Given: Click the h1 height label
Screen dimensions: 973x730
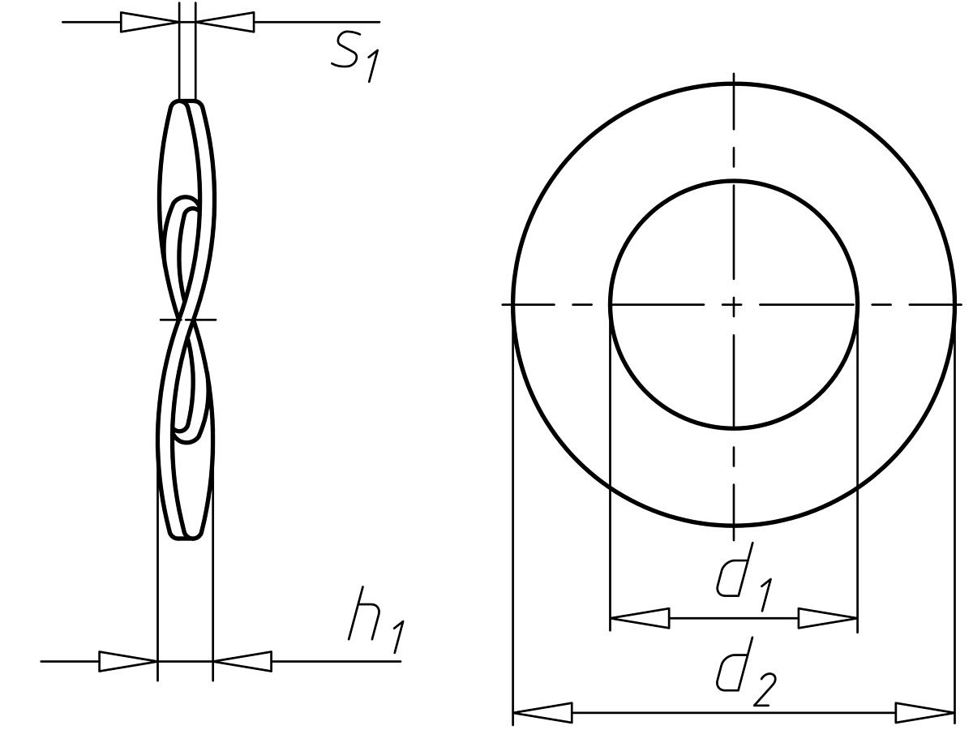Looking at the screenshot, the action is pyautogui.click(x=376, y=620).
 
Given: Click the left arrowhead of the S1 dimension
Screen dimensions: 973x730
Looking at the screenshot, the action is pyautogui.click(x=149, y=22).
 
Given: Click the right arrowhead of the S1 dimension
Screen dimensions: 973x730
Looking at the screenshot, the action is pyautogui.click(x=225, y=22).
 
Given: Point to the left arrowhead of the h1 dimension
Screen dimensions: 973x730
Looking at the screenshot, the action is pyautogui.click(x=127, y=661).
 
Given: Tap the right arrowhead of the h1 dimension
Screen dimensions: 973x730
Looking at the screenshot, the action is pyautogui.click(x=242, y=661).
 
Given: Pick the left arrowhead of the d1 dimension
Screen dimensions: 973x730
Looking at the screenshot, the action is pyautogui.click(x=640, y=618).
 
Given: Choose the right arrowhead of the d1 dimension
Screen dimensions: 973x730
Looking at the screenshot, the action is pyautogui.click(x=828, y=618).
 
